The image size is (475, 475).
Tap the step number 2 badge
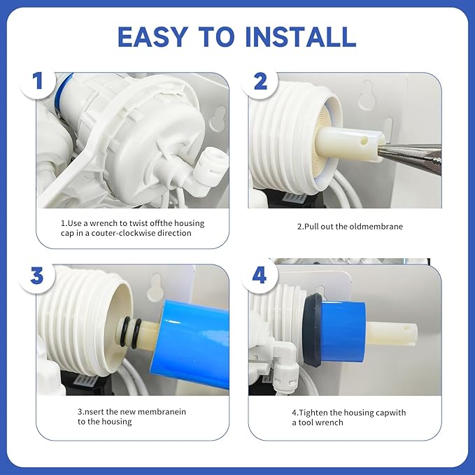[x=260, y=82]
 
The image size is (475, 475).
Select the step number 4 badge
[x=260, y=274]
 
